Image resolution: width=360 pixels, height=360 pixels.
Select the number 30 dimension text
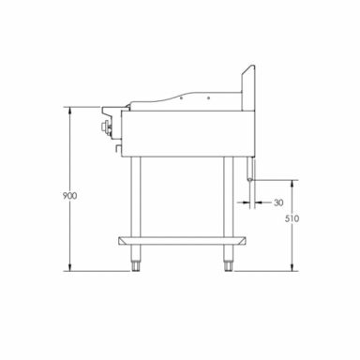[278, 202]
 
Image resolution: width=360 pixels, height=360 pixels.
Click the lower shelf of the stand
[184, 241]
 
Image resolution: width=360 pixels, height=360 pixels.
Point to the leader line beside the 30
[264, 202]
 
